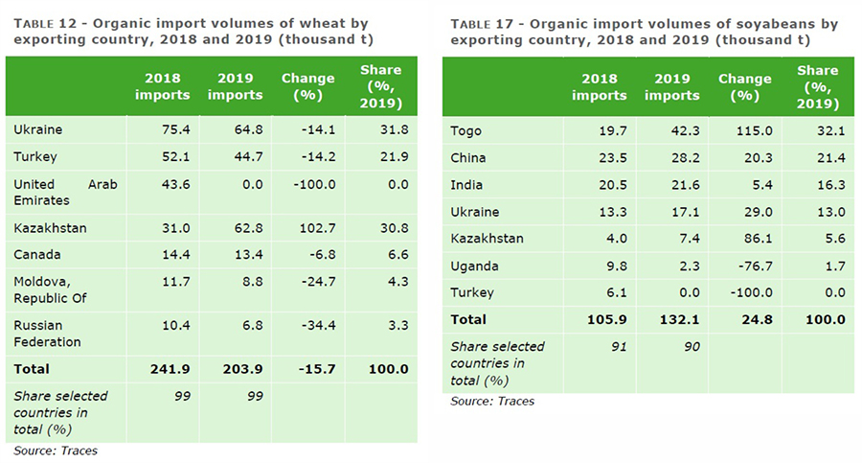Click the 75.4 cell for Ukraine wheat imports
(163, 128)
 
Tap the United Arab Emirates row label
(66, 192)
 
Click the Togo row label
(467, 130)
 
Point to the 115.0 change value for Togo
(745, 130)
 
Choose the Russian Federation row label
(48, 333)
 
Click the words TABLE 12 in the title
(48, 23)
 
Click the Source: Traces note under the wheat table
(56, 450)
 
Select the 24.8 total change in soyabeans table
(745, 319)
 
